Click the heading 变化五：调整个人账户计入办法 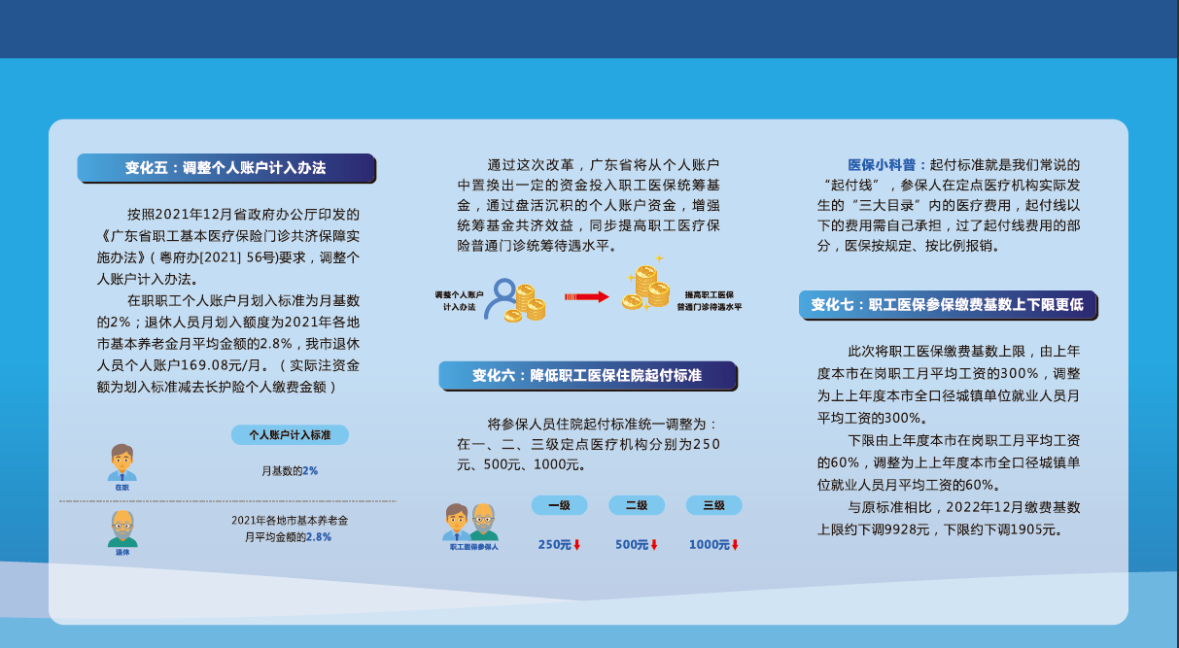(225, 168)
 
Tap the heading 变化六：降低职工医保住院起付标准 (587, 376)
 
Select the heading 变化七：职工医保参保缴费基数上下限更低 (947, 304)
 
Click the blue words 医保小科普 (882, 165)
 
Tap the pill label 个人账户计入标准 (290, 435)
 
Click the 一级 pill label (559, 505)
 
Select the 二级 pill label (637, 505)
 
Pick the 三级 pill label (713, 505)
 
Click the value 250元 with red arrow (559, 545)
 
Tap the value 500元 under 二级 (637, 545)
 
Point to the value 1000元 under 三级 (713, 545)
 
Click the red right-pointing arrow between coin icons (587, 297)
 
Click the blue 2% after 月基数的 (310, 471)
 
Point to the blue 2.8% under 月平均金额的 (319, 537)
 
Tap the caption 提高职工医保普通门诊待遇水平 (709, 301)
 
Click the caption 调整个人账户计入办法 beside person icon (459, 301)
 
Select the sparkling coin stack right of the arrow (645, 284)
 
